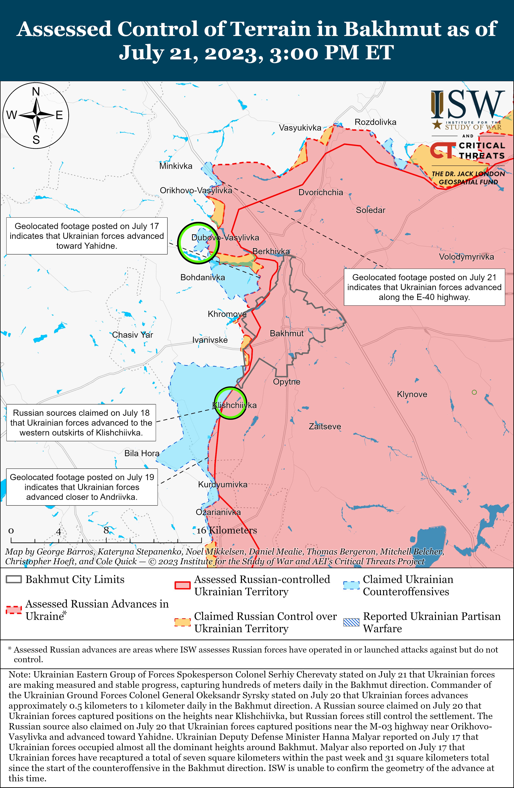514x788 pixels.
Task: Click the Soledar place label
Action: point(370,210)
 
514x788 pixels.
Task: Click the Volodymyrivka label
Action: point(466,257)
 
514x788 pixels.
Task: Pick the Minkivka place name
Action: point(176,166)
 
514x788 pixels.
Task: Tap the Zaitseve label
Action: point(325,426)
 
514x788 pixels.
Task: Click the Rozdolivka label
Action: point(375,122)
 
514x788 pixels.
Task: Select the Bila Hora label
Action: point(142,453)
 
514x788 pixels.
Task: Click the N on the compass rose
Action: point(36,91)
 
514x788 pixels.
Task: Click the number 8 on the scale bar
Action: point(106,530)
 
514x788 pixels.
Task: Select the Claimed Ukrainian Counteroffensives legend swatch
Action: point(351,585)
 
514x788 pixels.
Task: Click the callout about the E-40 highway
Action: point(424,287)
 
